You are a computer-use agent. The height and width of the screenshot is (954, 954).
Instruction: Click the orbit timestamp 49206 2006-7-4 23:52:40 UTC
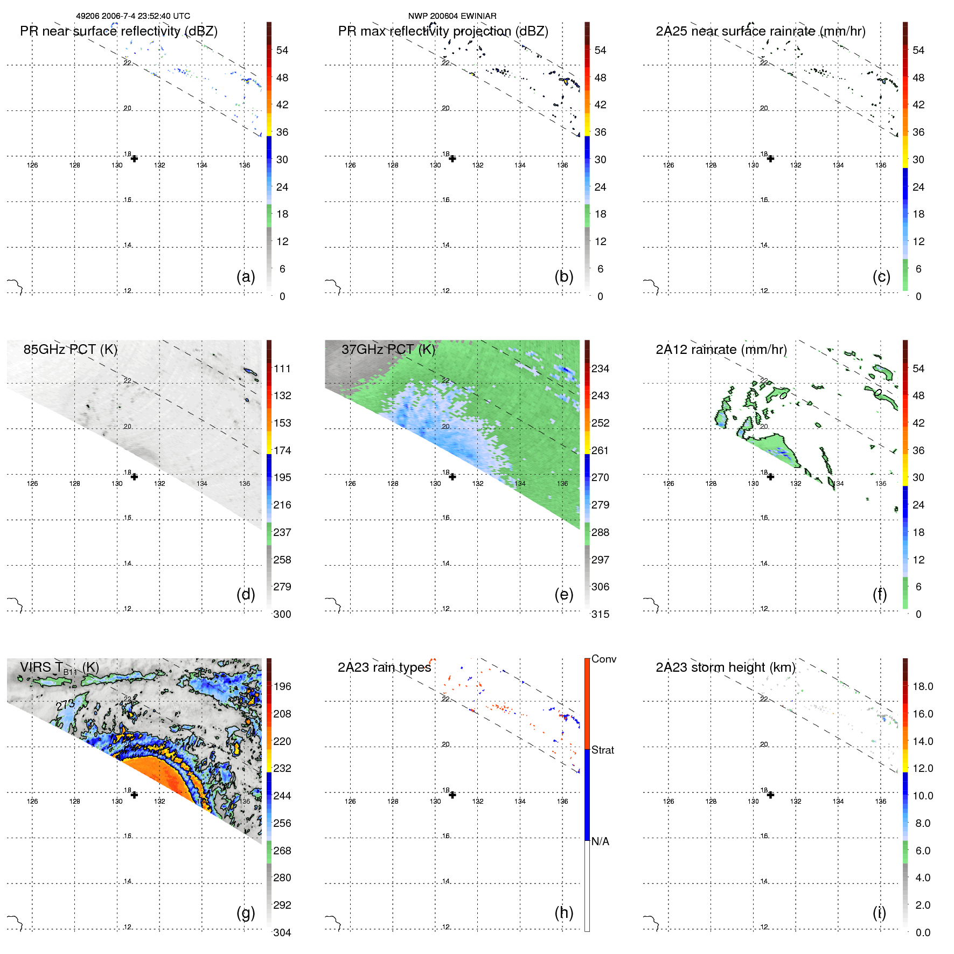(x=133, y=16)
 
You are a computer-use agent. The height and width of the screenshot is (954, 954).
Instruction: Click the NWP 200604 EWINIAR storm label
(x=452, y=16)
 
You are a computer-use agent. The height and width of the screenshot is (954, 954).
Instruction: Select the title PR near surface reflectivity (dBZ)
(x=119, y=31)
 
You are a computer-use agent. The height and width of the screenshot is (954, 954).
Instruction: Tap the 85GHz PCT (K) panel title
(x=70, y=350)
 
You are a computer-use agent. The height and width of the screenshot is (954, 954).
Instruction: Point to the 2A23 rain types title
(x=384, y=667)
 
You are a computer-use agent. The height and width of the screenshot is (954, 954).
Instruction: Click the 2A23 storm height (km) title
(x=725, y=667)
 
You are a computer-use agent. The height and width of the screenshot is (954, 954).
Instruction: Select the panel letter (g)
(x=246, y=913)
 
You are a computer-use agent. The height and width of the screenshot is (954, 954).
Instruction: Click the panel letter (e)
(x=563, y=595)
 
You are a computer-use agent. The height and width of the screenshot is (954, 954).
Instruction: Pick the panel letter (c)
(x=881, y=277)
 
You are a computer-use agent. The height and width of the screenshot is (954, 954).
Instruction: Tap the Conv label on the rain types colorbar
(x=604, y=659)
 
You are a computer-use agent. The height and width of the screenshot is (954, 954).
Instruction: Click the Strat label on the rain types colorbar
(x=603, y=750)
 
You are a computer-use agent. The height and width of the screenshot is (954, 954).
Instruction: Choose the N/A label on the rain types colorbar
(x=600, y=841)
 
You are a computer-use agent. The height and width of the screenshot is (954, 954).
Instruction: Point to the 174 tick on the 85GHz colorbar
(x=282, y=450)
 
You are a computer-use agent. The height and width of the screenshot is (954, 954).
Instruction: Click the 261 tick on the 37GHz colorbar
(x=600, y=450)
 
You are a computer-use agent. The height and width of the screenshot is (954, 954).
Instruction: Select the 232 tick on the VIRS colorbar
(x=282, y=768)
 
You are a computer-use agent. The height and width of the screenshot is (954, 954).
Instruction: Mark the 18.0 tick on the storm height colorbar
(x=923, y=686)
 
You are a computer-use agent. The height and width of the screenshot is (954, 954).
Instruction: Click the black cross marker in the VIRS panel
(x=134, y=795)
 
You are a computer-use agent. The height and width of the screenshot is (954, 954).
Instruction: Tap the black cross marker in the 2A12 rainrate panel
(x=770, y=477)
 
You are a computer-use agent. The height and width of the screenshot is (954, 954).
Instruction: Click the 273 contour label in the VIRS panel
(x=65, y=705)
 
